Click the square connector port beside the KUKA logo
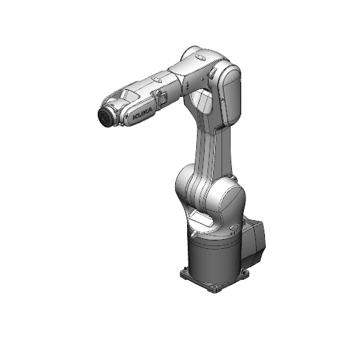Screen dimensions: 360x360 [160, 101]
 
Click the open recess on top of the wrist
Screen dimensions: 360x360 [127, 93]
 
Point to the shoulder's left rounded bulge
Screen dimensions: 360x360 [186, 187]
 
